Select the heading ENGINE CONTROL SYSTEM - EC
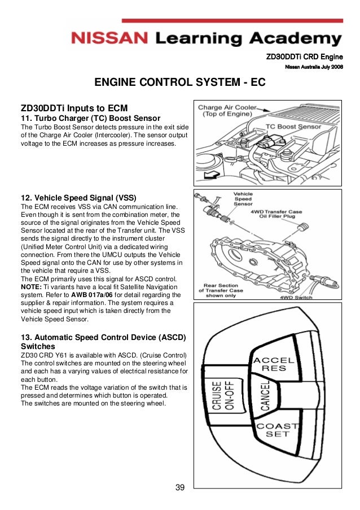(179, 83)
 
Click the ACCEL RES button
(274, 364)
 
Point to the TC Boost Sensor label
(294, 127)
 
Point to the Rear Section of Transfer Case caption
(224, 290)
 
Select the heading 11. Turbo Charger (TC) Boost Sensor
(90, 118)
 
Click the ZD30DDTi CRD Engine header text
(305, 56)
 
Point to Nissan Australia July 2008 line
(314, 67)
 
